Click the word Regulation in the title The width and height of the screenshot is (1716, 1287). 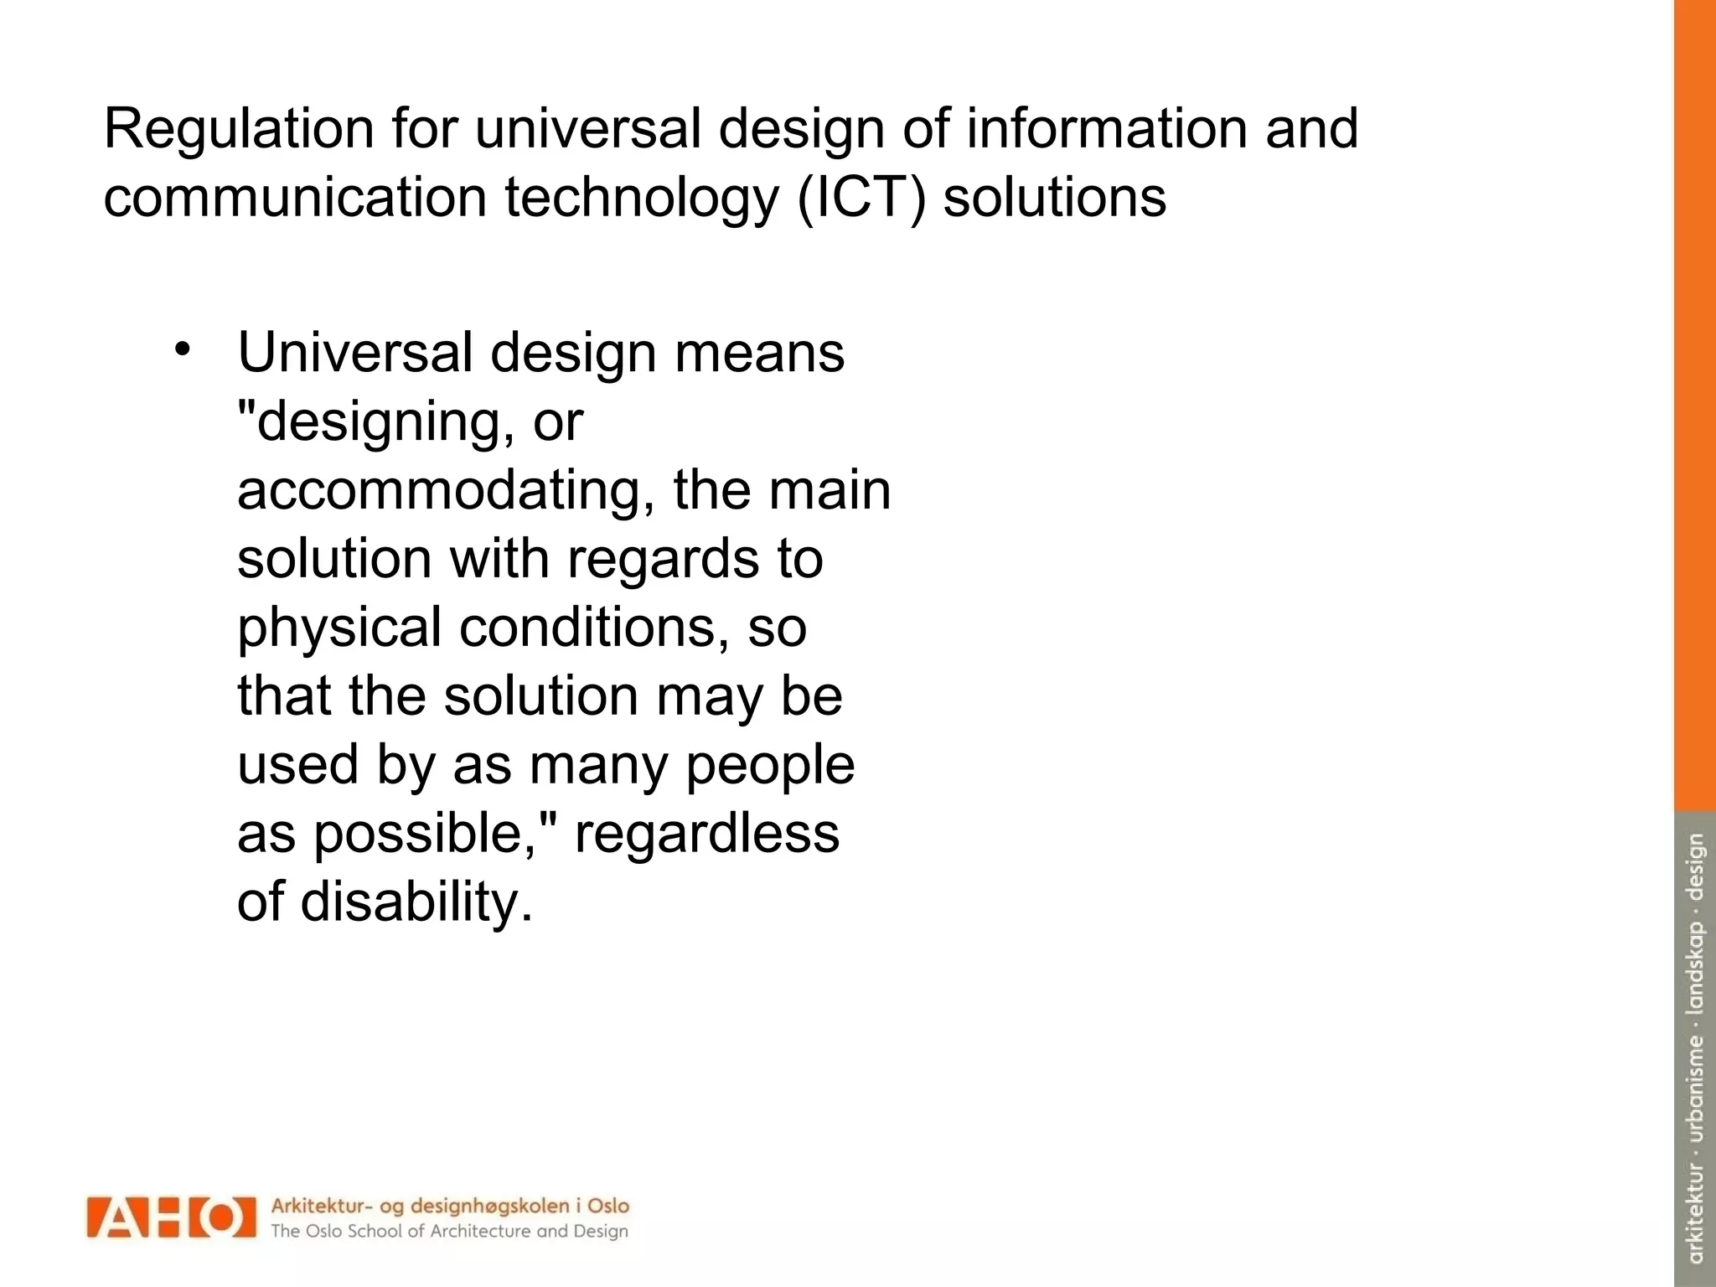tap(238, 130)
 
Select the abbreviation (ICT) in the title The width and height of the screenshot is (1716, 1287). tap(861, 199)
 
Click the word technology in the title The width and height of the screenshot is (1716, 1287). tap(641, 199)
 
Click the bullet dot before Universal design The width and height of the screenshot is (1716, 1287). tap(183, 349)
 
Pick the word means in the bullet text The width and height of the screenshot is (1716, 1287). tap(759, 353)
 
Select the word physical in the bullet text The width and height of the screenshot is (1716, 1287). tap(339, 628)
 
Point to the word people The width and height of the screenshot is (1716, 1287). tap(770, 766)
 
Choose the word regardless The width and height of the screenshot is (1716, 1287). tap(706, 834)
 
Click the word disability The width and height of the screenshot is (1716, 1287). tap(416, 902)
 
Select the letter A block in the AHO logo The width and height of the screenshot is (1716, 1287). tap(117, 1217)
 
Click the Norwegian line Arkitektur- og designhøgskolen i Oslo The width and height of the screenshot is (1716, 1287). tap(449, 1206)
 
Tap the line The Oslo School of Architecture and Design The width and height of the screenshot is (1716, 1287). tap(449, 1232)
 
